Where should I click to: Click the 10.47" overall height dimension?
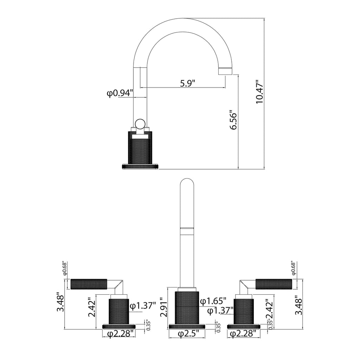[259, 92]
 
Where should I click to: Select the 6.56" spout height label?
[234, 121]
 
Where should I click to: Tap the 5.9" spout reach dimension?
[187, 83]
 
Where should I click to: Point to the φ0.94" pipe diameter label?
[120, 93]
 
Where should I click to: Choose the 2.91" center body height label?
[165, 307]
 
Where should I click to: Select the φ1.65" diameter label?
[213, 301]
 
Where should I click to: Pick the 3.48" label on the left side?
[61, 302]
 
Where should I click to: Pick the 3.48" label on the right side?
[299, 305]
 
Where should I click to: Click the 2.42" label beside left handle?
[92, 307]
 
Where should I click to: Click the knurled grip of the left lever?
[89, 284]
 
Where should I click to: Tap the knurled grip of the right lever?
[274, 284]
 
